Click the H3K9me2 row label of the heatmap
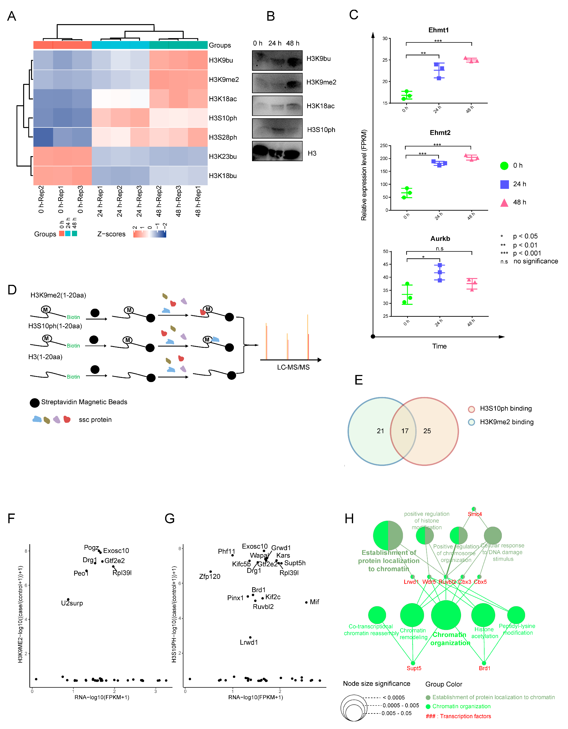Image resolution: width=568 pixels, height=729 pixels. (x=224, y=79)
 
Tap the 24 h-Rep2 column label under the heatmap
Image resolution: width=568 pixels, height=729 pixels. (x=120, y=201)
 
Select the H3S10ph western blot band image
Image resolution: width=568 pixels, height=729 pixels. (x=277, y=129)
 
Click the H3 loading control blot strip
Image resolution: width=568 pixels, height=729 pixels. (x=277, y=151)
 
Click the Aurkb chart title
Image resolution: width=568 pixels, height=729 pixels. (x=440, y=239)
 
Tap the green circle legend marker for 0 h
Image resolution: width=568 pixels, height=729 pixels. (x=504, y=166)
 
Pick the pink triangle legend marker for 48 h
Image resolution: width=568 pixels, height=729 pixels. (x=504, y=203)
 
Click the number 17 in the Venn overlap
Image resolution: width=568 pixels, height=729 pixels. (x=404, y=431)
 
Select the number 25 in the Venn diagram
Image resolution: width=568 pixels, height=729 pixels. (x=427, y=431)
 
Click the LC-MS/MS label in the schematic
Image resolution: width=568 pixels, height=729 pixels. (x=293, y=367)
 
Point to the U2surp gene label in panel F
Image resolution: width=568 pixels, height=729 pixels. (x=72, y=603)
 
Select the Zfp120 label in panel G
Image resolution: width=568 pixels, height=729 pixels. (x=210, y=576)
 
